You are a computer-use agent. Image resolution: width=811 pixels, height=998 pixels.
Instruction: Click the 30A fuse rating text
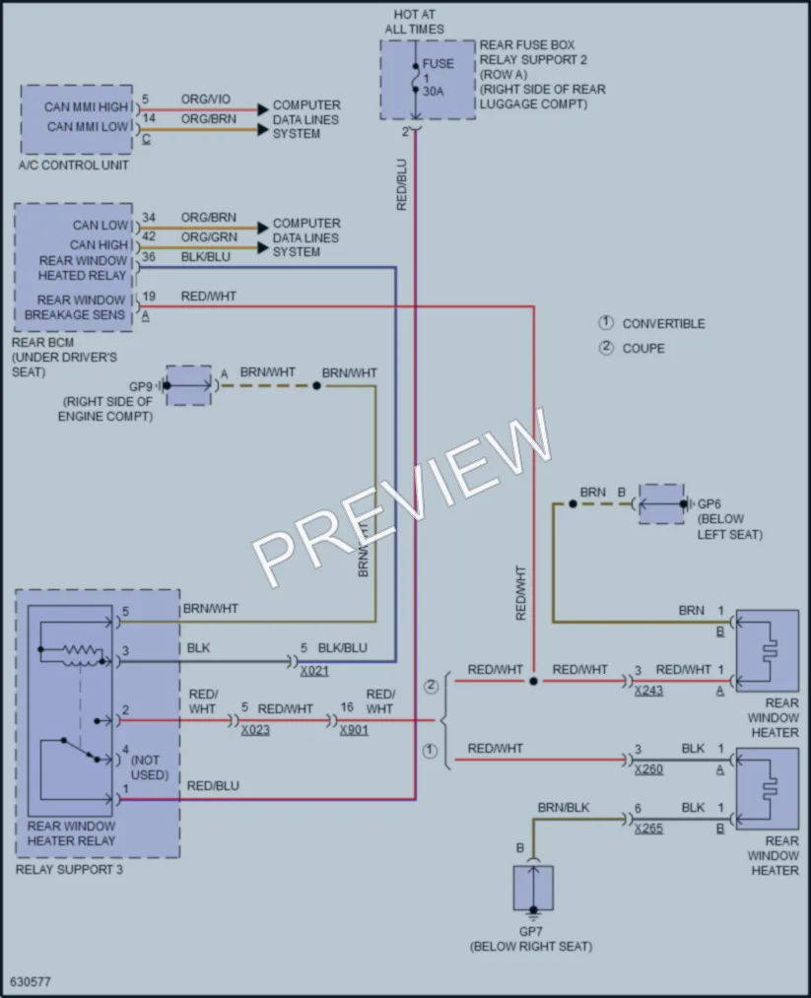click(x=433, y=92)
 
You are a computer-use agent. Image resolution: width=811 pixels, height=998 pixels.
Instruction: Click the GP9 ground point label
click(x=141, y=386)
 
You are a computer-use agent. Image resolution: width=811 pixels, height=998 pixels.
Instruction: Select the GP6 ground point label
click(x=710, y=504)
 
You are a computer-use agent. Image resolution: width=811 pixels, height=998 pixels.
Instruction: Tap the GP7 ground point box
click(x=533, y=889)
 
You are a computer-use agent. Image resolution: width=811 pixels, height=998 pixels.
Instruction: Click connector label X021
click(x=314, y=671)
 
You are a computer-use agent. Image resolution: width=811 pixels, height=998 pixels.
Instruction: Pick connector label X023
click(x=255, y=730)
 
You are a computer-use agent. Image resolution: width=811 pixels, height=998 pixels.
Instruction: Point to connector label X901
click(x=354, y=730)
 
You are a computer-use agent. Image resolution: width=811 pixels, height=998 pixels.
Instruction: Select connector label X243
click(x=648, y=691)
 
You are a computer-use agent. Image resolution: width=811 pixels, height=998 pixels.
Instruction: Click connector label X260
click(x=648, y=769)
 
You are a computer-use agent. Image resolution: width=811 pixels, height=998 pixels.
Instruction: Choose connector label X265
click(x=648, y=829)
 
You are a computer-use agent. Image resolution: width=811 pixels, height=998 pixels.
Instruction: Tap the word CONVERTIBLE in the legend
click(x=664, y=324)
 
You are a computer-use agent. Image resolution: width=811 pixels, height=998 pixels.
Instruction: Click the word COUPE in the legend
click(x=643, y=349)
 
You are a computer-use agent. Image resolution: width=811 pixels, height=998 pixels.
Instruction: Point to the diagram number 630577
click(x=31, y=982)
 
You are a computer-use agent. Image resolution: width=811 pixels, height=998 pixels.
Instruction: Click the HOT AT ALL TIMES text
click(x=415, y=22)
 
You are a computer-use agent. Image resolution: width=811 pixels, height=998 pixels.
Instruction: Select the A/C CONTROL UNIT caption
click(x=73, y=166)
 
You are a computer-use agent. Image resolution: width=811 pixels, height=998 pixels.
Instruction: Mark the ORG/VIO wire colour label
click(x=206, y=100)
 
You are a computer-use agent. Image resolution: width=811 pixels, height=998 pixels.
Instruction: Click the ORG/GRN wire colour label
click(x=209, y=236)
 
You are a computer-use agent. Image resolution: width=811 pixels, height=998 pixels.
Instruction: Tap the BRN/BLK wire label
click(x=564, y=808)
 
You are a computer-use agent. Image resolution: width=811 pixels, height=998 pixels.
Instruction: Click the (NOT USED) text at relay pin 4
click(x=150, y=767)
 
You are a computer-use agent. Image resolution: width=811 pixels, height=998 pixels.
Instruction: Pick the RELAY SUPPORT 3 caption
click(x=69, y=869)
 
